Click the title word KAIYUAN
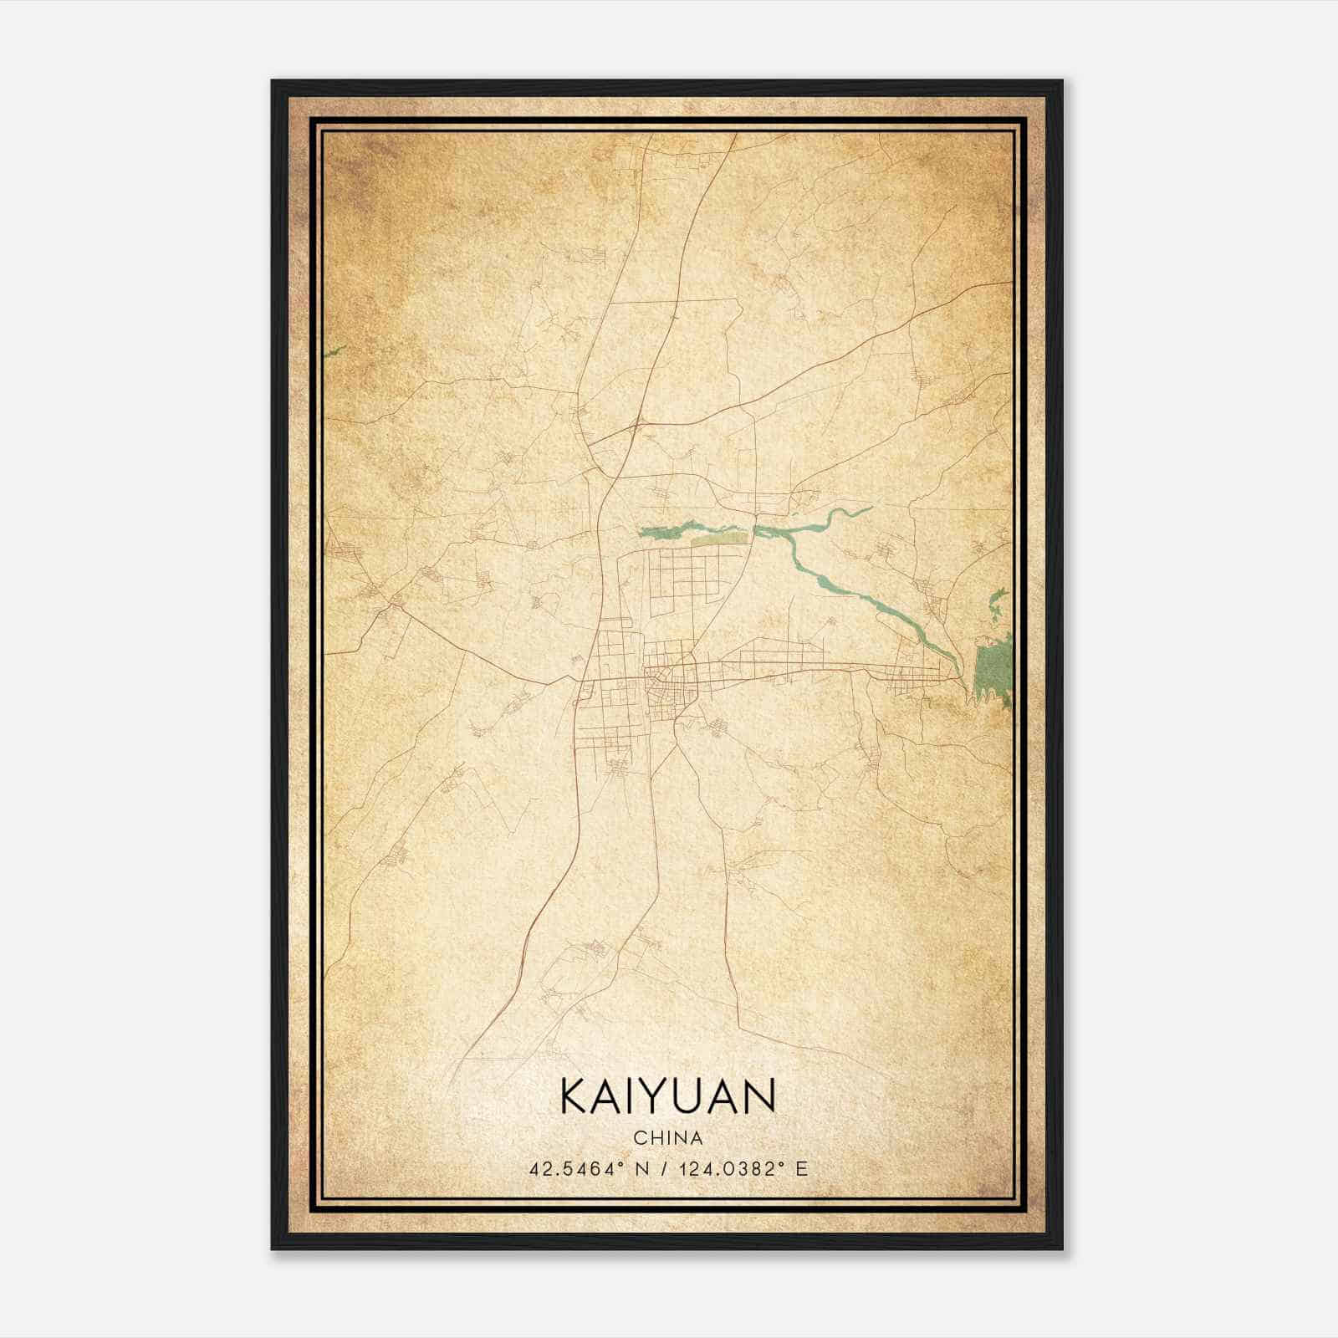(668, 1095)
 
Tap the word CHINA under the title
(668, 1138)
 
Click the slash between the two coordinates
(666, 1169)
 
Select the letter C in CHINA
(640, 1138)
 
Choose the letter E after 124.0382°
(802, 1169)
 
